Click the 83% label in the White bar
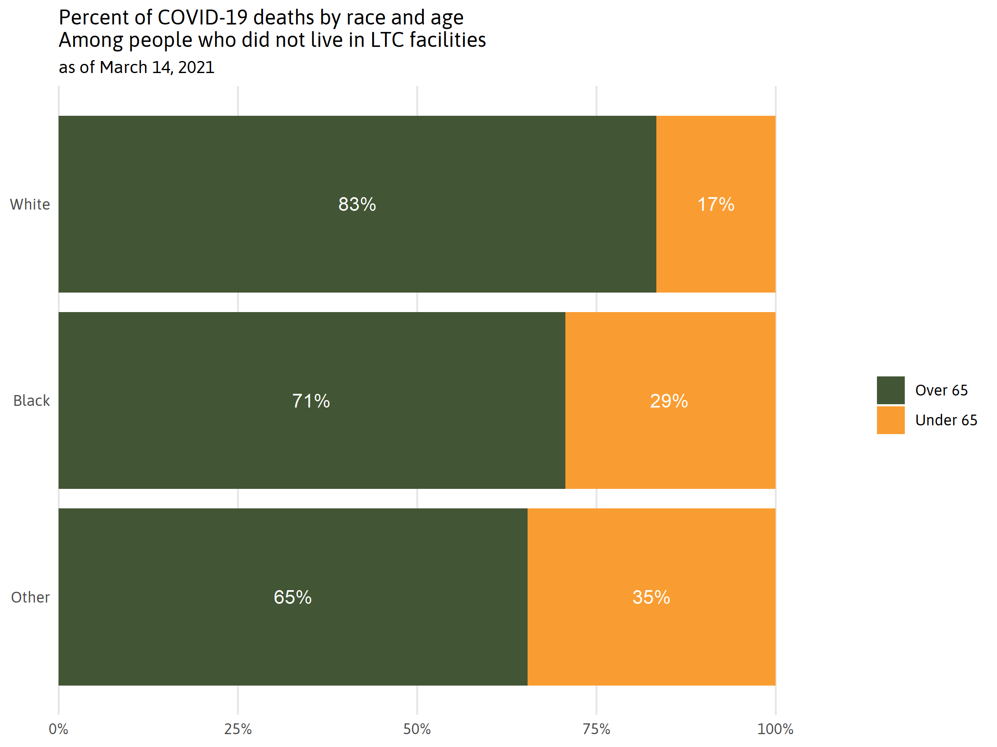click(357, 205)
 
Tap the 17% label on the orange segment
click(716, 205)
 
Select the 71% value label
click(311, 401)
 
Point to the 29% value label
click(669, 401)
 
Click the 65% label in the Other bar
click(292, 597)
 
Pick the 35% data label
click(651, 597)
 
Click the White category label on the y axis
click(30, 205)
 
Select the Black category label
click(31, 401)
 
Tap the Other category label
click(30, 597)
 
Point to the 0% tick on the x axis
click(59, 729)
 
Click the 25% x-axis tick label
click(238, 729)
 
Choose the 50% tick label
click(417, 729)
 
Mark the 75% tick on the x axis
click(596, 729)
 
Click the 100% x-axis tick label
click(775, 729)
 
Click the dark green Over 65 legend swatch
click(891, 390)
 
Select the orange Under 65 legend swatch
click(891, 420)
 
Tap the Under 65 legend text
click(946, 420)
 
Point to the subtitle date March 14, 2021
click(157, 68)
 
